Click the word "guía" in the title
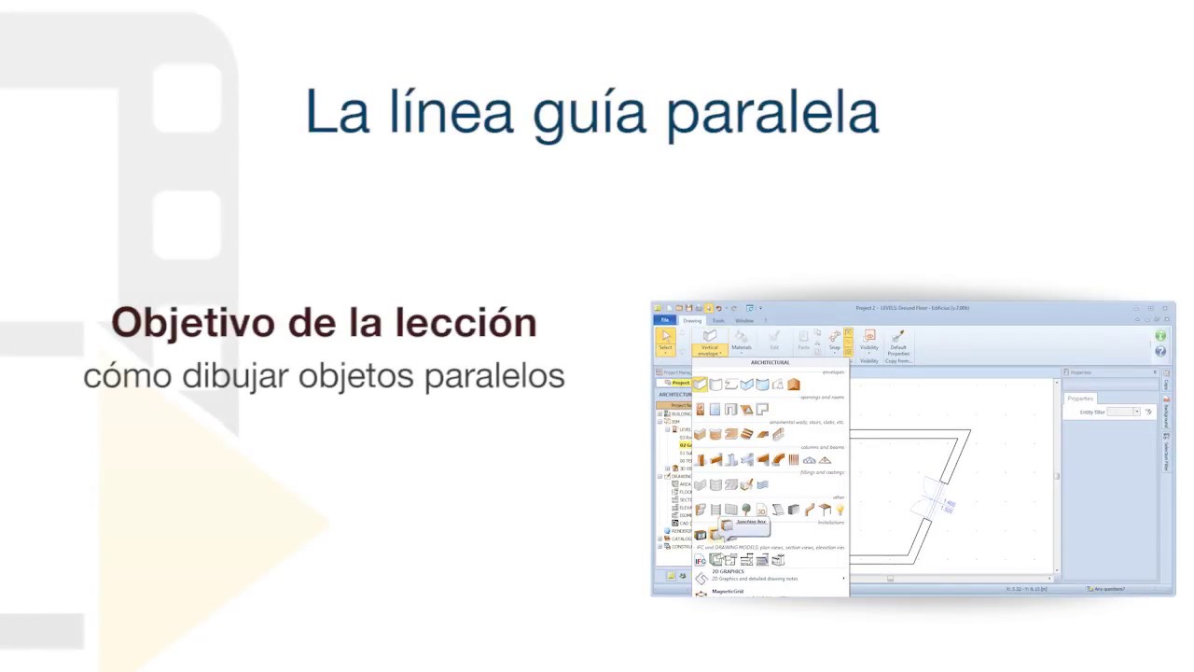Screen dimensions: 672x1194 (590, 114)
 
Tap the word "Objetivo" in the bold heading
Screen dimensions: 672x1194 (193, 323)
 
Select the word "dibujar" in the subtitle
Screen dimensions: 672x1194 (235, 375)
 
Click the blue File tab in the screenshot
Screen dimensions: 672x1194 (665, 320)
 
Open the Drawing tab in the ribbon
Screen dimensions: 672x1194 (692, 320)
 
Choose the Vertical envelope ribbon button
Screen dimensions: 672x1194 (709, 343)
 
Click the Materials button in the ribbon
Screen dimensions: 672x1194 (742, 342)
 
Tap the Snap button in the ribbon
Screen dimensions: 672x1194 (835, 342)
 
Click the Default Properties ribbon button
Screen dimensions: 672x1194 (898, 343)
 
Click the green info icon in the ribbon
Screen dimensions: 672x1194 (1160, 336)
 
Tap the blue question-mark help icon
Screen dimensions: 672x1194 (1160, 351)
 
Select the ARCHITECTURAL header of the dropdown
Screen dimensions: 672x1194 (770, 362)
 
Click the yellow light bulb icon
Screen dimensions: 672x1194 (840, 510)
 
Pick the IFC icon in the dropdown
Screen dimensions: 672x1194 (700, 560)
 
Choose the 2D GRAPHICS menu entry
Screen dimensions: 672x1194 (729, 571)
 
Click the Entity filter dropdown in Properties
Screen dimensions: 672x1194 (1123, 412)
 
